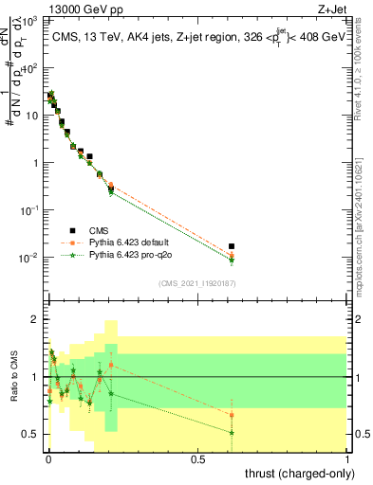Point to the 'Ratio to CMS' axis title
[12, 386]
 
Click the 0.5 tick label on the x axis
[197, 458]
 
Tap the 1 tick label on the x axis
[347, 458]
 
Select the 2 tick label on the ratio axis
[34, 320]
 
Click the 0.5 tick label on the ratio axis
[30, 434]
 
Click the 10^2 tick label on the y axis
[28, 68]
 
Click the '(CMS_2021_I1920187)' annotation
[196, 283]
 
